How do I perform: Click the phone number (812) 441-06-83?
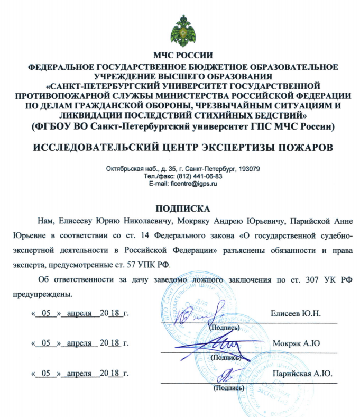pyautogui.click(x=198, y=176)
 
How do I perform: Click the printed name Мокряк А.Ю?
pyautogui.click(x=297, y=343)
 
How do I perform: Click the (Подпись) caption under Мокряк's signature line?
pyautogui.click(x=226, y=357)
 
